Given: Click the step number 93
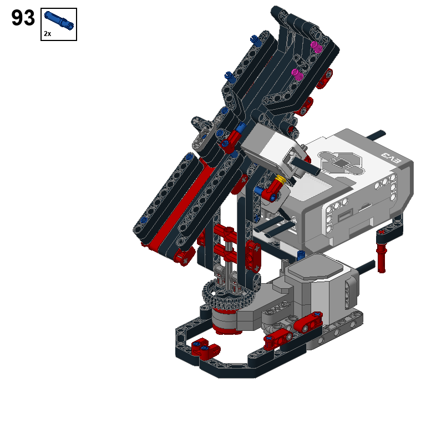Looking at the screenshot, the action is click(23, 18).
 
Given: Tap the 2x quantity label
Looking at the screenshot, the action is click(47, 34).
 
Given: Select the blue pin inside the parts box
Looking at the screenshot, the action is click(59, 21).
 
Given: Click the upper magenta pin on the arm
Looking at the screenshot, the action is click(317, 47).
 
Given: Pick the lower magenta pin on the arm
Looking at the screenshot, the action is click(298, 75).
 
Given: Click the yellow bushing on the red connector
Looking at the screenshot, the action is click(281, 180).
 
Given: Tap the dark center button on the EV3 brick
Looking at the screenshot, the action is click(341, 164).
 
